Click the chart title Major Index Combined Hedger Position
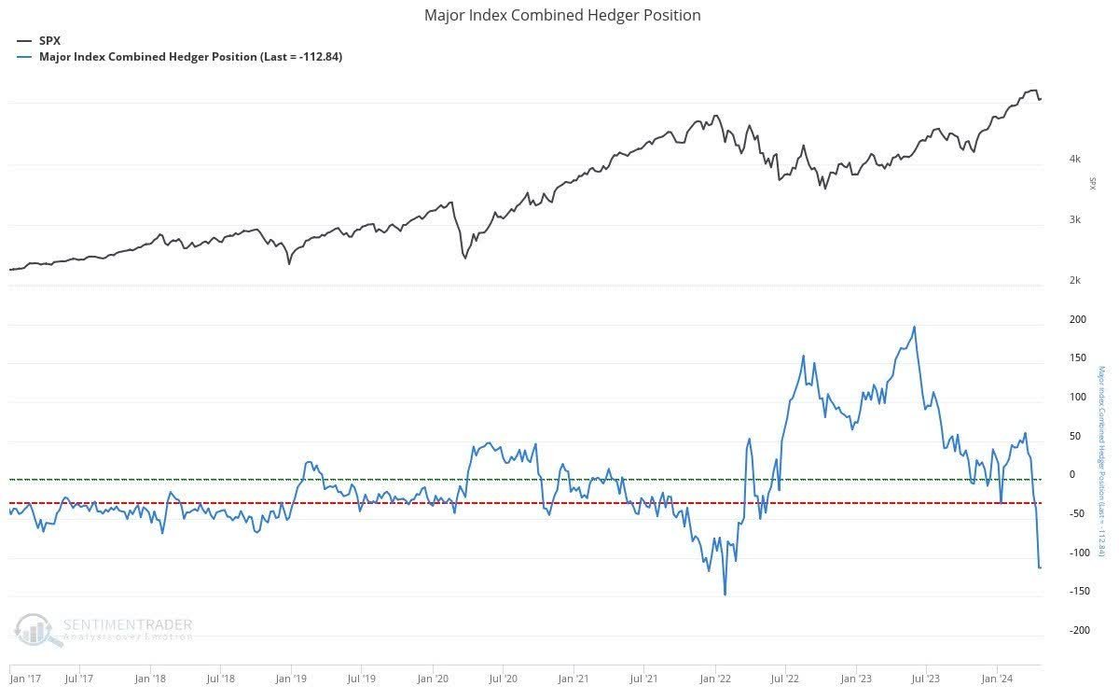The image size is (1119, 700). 562,15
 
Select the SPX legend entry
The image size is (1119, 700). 49,41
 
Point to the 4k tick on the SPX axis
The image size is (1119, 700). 1074,159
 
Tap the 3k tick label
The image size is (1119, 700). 1074,220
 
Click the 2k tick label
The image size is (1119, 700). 1074,281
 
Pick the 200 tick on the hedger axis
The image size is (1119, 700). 1077,319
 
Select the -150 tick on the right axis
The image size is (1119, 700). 1077,592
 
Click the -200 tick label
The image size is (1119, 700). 1077,631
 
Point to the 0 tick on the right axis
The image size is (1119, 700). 1071,475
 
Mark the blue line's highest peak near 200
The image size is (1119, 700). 914,327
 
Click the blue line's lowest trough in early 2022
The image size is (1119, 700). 725,595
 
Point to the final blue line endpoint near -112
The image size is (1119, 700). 1041,567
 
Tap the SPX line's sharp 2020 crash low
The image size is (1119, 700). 464,258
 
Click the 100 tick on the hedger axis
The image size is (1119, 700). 1077,397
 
